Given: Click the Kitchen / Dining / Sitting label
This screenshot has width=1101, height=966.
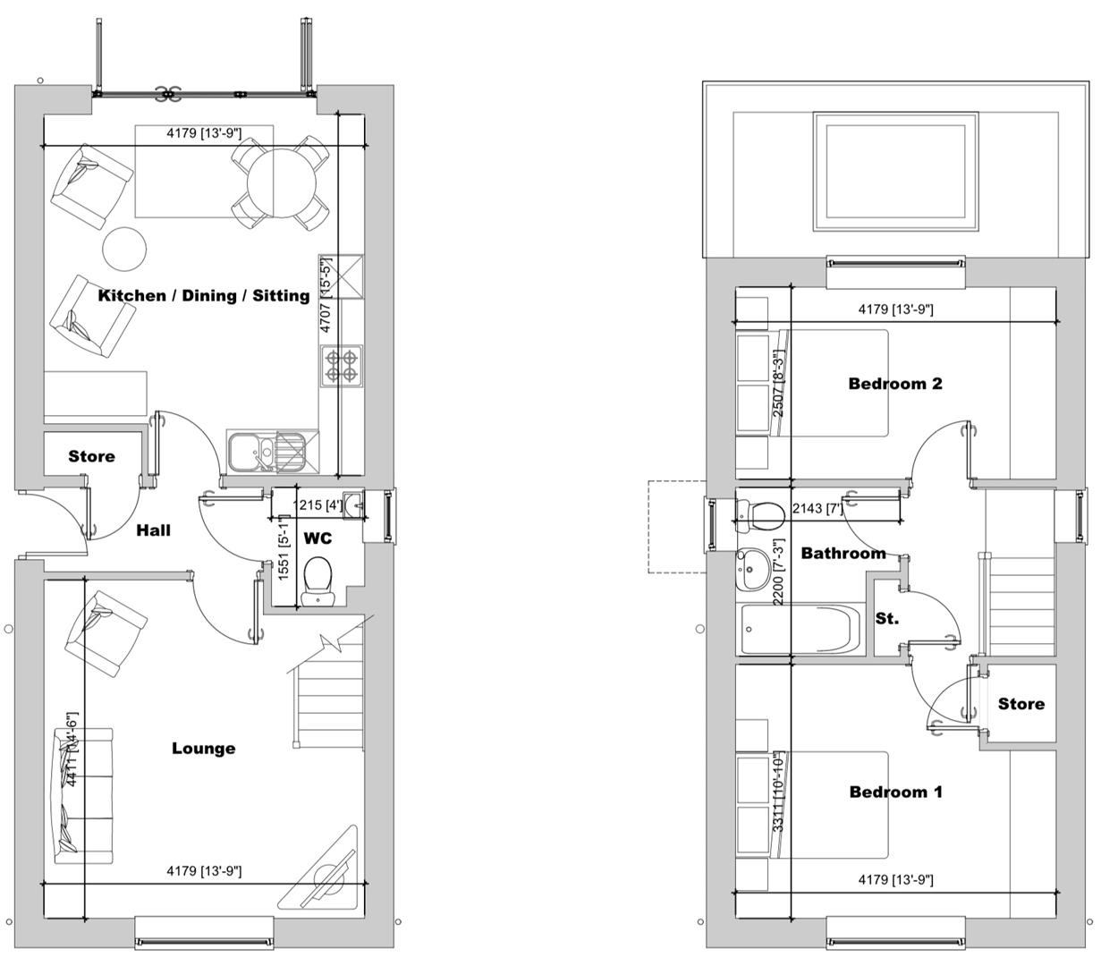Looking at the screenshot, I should click(x=203, y=295).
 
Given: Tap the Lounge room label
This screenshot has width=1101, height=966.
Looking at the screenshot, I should click(x=204, y=749).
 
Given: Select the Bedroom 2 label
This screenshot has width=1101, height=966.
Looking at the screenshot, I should click(x=895, y=384).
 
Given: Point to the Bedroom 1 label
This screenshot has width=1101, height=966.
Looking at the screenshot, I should click(x=895, y=792).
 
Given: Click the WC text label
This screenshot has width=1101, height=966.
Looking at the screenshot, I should click(x=318, y=538).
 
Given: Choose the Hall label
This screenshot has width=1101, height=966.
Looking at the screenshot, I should click(x=153, y=530).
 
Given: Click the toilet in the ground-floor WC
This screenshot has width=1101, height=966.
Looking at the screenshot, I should click(x=318, y=577).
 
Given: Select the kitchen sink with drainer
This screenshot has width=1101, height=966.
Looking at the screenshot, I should click(x=266, y=451).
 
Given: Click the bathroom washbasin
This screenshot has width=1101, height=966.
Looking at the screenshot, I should click(x=750, y=569).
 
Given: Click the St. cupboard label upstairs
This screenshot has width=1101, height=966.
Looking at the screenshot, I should click(x=886, y=618).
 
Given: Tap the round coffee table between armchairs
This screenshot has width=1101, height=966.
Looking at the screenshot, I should click(x=124, y=249).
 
